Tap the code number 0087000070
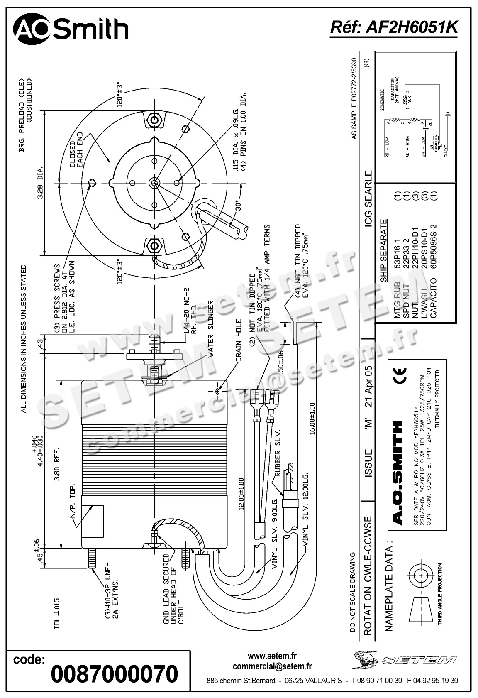pyautogui.click(x=114, y=674)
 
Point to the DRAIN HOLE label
pyautogui.click(x=238, y=340)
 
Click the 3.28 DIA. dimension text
pyautogui.click(x=41, y=183)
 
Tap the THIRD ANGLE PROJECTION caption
pyautogui.click(x=440, y=593)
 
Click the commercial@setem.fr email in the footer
pyautogui.click(x=272, y=666)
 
